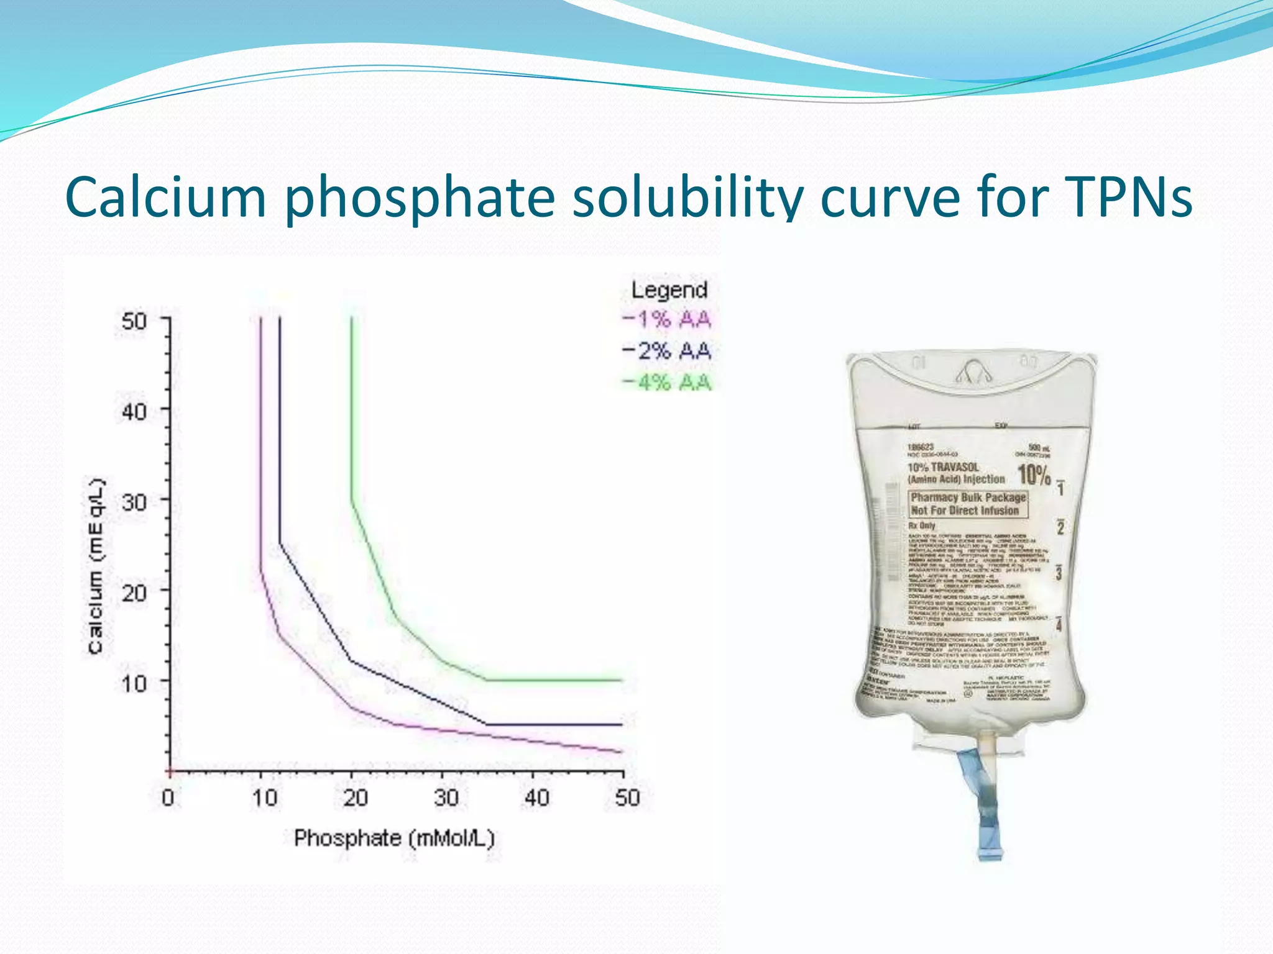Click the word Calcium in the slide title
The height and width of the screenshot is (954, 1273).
pos(165,198)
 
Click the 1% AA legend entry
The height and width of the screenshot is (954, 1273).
pos(667,320)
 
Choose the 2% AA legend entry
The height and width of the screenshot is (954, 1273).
pos(667,351)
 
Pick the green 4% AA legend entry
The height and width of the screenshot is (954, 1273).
pos(667,382)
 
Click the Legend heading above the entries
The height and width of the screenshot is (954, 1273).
pos(669,290)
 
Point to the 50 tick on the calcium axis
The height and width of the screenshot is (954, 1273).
pos(134,322)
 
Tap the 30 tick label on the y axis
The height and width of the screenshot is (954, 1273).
pos(134,502)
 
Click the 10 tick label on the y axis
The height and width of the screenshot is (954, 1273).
pos(134,683)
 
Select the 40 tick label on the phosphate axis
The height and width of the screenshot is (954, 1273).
pos(536,797)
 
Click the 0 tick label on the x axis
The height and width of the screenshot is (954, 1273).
pos(168,797)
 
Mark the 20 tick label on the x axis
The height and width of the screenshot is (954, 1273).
pos(355,797)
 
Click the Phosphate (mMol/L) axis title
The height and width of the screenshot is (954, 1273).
pos(394,838)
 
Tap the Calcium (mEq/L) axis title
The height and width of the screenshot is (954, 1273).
pos(96,565)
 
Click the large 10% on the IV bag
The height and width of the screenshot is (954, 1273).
pos(1034,475)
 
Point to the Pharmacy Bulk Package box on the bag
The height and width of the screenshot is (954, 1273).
pos(968,504)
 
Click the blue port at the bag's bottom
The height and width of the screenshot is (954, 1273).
pos(987,807)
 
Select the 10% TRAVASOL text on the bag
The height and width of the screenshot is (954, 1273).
pos(944,467)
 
